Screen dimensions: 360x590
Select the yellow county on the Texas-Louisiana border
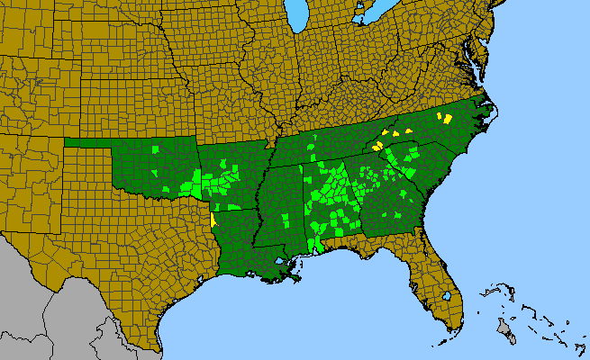212,219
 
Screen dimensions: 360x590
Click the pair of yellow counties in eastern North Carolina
446,118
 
